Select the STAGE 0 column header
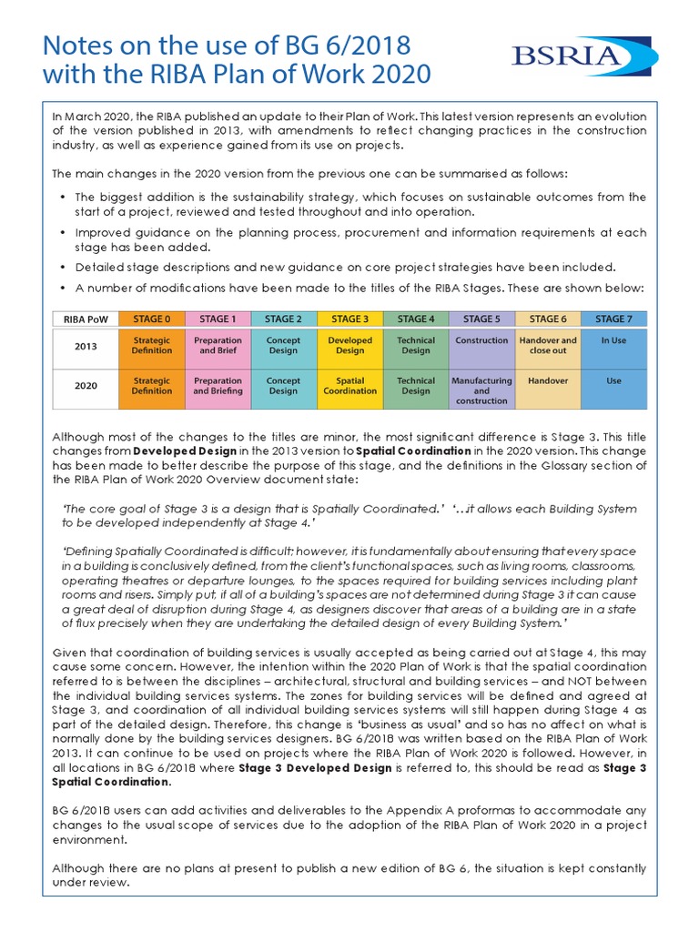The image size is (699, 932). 151,319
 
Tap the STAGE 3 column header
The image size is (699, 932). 349,319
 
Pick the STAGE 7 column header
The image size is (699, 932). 614,319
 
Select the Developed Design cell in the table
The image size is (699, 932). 349,346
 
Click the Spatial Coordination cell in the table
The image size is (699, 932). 349,386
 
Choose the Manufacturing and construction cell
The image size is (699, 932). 481,390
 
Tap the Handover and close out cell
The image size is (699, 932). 548,346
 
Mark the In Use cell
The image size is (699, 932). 614,340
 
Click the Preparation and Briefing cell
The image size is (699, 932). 218,386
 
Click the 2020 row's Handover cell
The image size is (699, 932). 548,380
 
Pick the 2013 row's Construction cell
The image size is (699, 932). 481,340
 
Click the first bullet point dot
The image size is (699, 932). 62,198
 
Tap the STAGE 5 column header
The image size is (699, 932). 481,319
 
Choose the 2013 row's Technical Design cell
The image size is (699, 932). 416,346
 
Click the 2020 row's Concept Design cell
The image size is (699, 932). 283,386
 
